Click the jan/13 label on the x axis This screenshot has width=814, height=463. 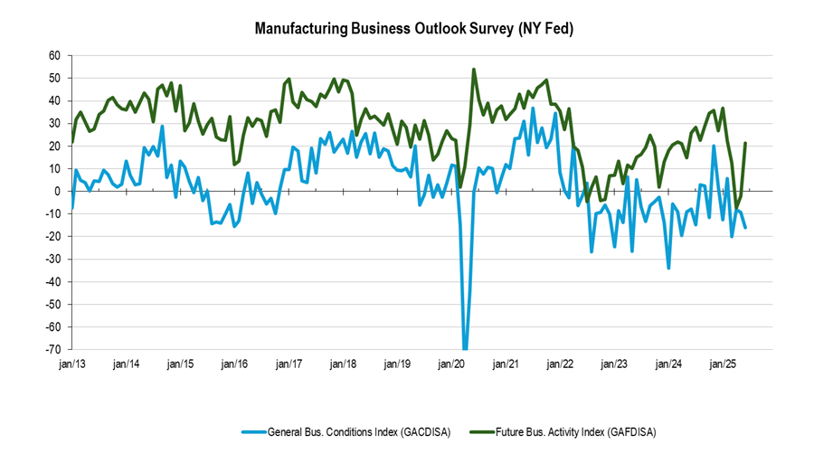point(72,364)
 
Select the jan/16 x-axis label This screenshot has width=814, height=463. point(235,364)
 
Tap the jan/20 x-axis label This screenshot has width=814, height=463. point(452,364)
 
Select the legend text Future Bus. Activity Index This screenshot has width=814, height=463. point(575,432)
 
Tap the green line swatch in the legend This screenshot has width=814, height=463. point(482,432)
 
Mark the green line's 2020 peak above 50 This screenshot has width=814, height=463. point(474,69)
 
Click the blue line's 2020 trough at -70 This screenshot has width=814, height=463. point(466,348)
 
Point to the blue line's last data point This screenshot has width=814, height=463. point(745,227)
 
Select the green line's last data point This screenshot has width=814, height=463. point(745,143)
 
